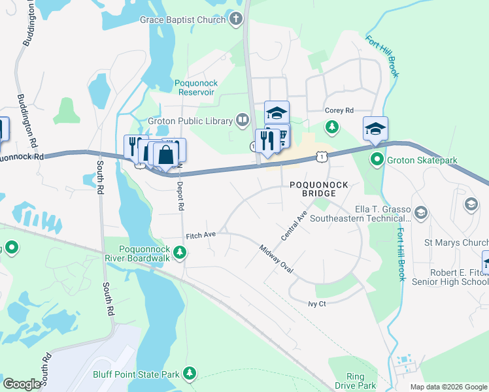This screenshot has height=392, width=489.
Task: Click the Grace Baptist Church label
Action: click(182, 20)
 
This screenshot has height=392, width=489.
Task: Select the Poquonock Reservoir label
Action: click(195, 88)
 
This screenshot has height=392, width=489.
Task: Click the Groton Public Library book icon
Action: click(243, 120)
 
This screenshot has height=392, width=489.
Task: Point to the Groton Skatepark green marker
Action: click(377, 159)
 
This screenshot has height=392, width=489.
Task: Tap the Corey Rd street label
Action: click(339, 110)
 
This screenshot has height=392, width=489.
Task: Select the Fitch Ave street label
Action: click(201, 233)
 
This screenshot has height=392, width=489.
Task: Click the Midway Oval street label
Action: click(276, 259)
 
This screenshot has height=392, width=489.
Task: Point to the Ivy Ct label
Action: click(317, 304)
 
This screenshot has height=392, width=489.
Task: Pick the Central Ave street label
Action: click(294, 225)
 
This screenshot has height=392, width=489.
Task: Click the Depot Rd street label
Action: click(180, 195)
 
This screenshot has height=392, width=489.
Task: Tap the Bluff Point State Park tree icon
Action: click(190, 373)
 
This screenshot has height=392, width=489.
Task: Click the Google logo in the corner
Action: click(22, 384)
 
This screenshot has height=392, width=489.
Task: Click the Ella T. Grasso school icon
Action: click(420, 212)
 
